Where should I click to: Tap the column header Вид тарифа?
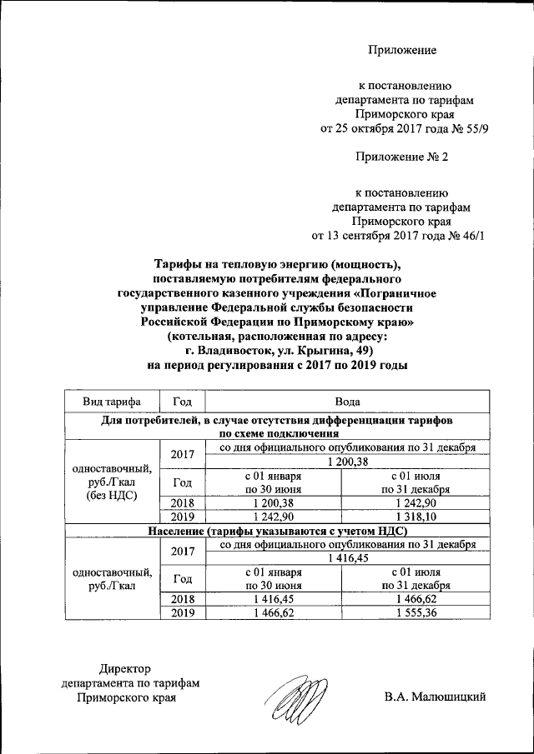tap(112, 401)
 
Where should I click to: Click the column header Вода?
tap(342, 401)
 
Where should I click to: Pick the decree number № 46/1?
tap(464, 236)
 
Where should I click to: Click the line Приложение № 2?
tap(402, 157)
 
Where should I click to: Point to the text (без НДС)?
tap(112, 495)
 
